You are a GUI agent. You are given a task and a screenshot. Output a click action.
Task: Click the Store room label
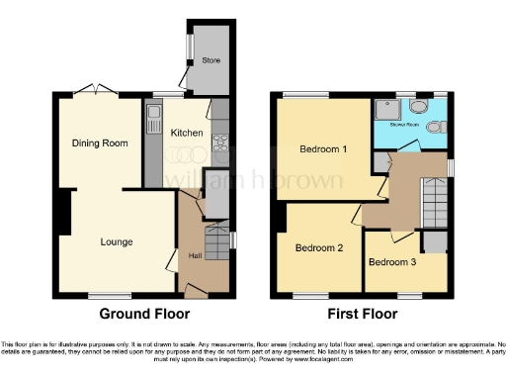pos(211,60)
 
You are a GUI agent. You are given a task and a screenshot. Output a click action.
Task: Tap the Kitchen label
pos(187,133)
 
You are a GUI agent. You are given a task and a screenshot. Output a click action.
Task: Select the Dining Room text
pos(100,143)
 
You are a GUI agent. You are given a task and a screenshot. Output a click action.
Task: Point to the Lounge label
pos(116,241)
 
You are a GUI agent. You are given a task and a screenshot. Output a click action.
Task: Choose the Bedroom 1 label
pos(323,149)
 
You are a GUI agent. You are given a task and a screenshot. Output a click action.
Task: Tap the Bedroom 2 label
pos(319,247)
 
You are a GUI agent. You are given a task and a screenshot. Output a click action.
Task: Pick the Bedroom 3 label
pos(392,262)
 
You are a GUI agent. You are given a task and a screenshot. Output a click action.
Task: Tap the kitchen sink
pos(153,124)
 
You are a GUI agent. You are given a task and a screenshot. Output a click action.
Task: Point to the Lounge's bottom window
pos(103,295)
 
